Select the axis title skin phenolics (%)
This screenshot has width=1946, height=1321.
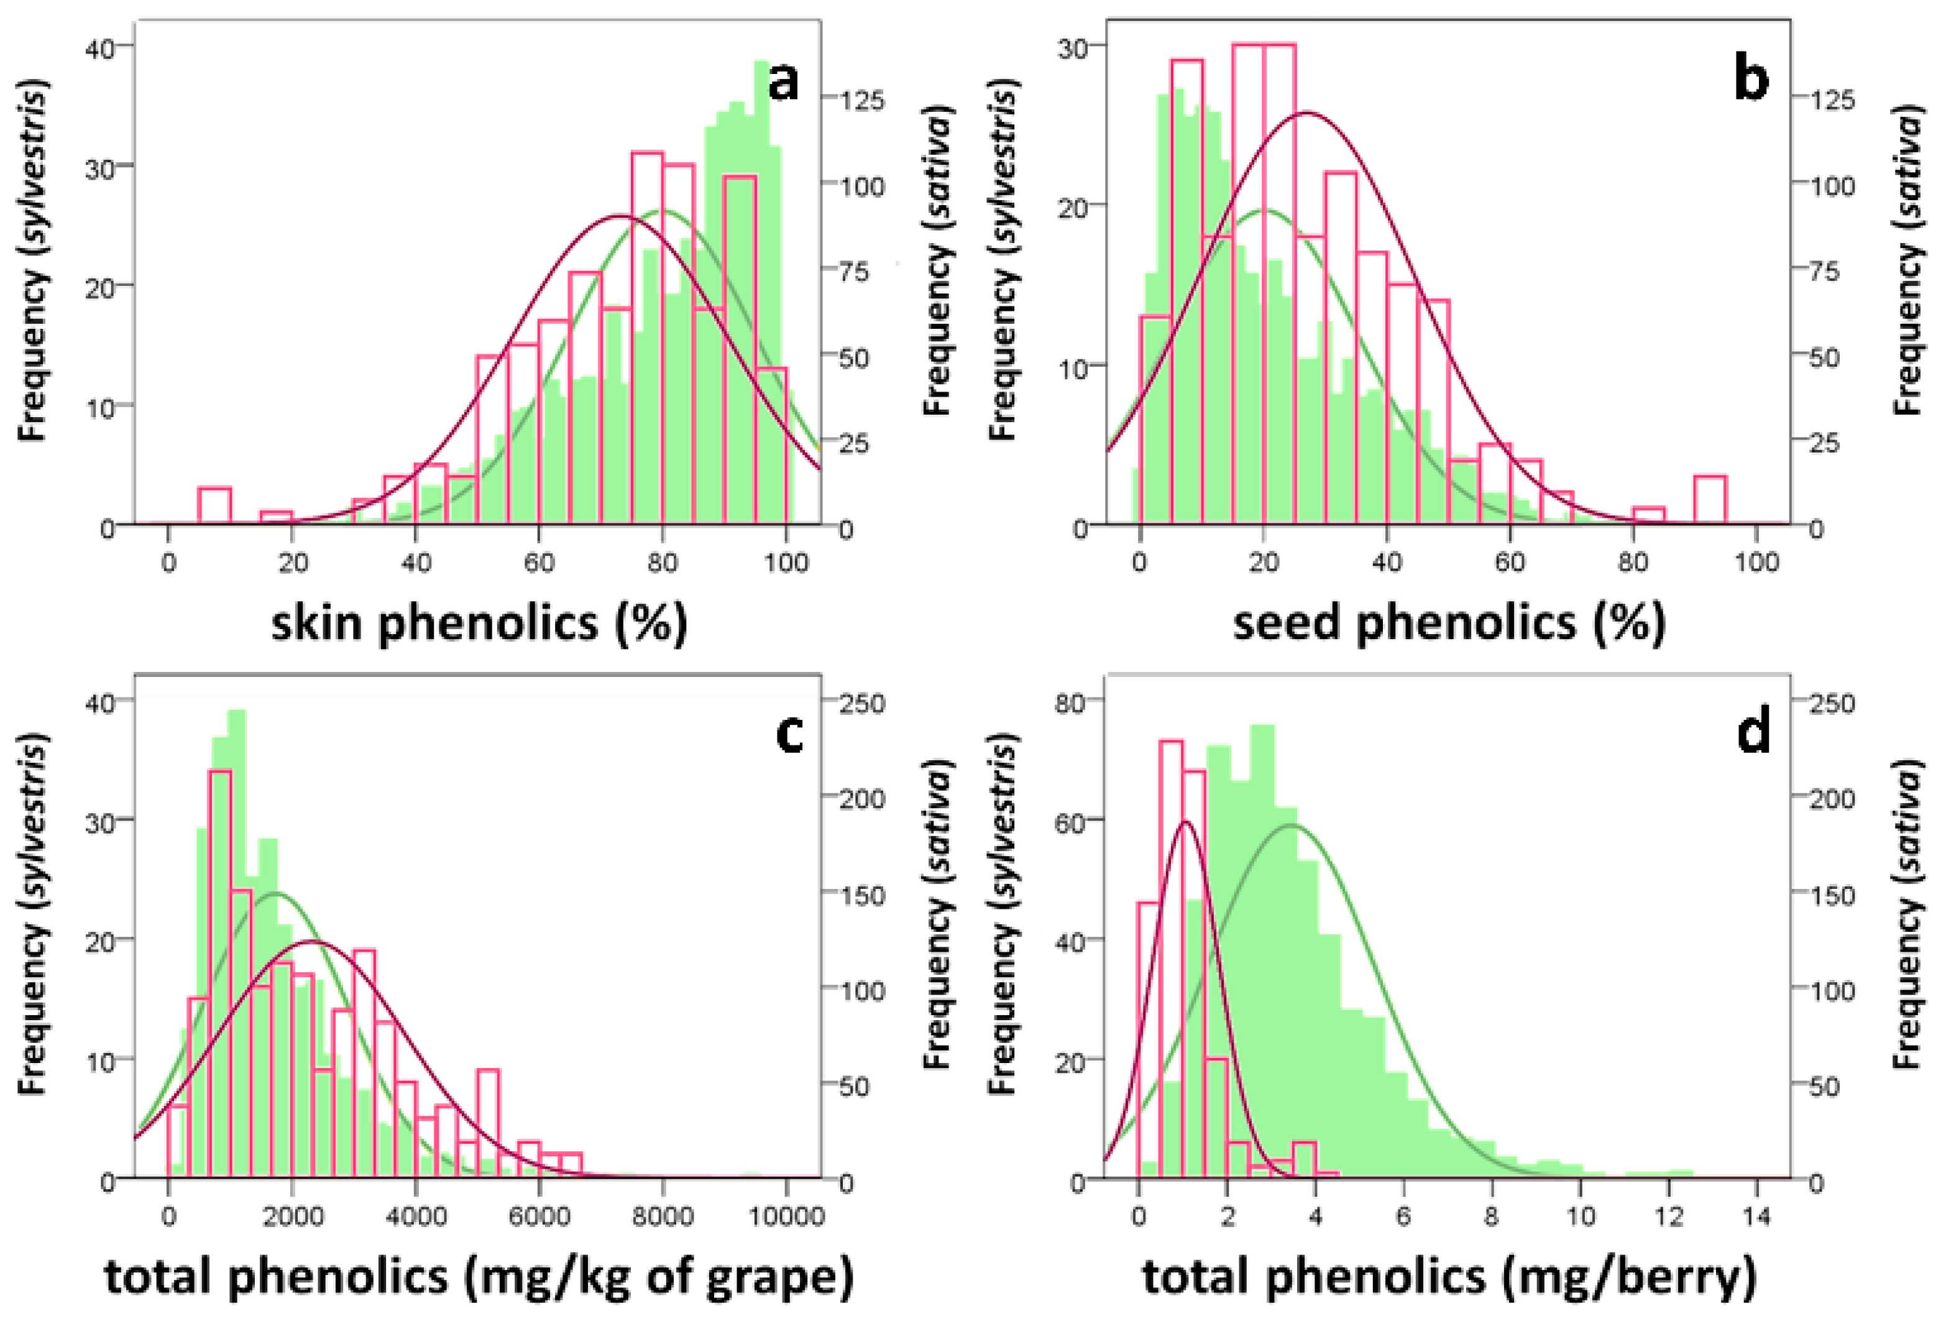click(x=479, y=624)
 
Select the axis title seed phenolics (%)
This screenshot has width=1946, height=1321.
click(x=1449, y=624)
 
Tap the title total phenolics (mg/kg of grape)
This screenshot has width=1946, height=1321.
click(x=479, y=1277)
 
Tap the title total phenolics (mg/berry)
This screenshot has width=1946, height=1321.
click(x=1449, y=1277)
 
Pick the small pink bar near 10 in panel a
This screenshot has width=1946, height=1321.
click(x=214, y=505)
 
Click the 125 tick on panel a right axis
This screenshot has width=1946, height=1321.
click(x=863, y=99)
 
